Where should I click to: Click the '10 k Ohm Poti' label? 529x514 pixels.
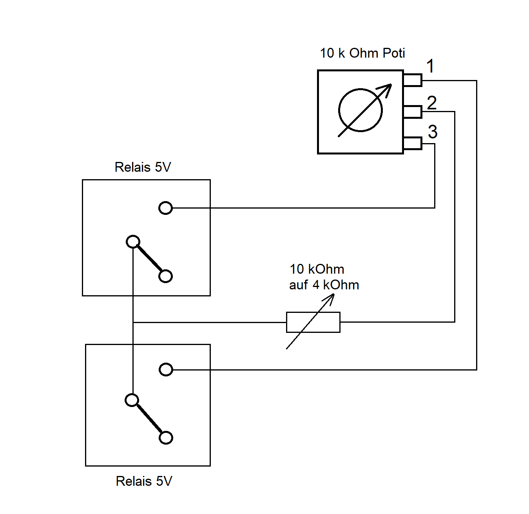pyautogui.click(x=362, y=53)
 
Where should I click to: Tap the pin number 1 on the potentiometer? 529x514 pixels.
pyautogui.click(x=430, y=66)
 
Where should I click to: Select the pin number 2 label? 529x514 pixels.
pyautogui.click(x=432, y=103)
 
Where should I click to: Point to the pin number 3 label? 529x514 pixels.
pyautogui.click(x=433, y=132)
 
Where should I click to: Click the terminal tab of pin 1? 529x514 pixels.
pyautogui.click(x=413, y=80)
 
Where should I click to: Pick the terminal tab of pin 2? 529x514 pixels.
pyautogui.click(x=413, y=112)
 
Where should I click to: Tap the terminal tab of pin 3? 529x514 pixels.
pyautogui.click(x=413, y=143)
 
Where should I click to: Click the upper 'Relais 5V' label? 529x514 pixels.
pyautogui.click(x=143, y=167)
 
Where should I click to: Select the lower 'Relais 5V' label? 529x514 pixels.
pyautogui.click(x=144, y=481)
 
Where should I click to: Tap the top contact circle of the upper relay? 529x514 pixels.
pyautogui.click(x=165, y=208)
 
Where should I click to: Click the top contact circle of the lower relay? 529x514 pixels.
pyautogui.click(x=166, y=370)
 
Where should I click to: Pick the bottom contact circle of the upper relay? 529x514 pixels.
pyautogui.click(x=165, y=276)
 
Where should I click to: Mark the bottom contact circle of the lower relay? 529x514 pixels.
pyautogui.click(x=166, y=438)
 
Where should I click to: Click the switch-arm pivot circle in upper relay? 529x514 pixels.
pyautogui.click(x=133, y=242)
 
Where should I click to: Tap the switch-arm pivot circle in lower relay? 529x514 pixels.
pyautogui.click(x=132, y=400)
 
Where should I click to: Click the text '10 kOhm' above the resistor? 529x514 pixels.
pyautogui.click(x=317, y=269)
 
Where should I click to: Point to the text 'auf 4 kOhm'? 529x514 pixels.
pyautogui.click(x=324, y=285)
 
